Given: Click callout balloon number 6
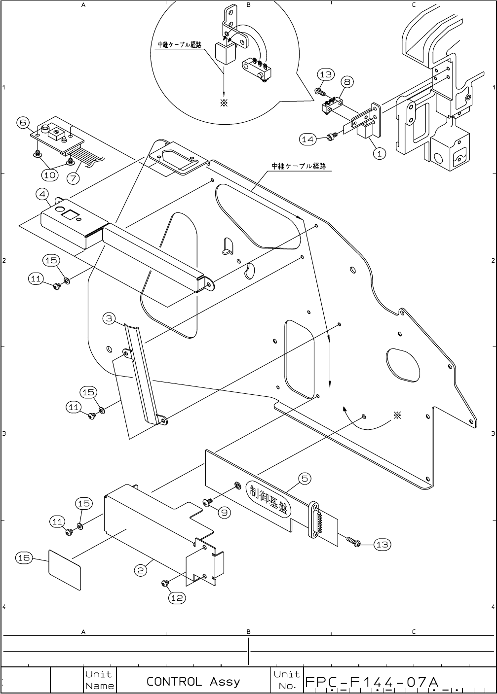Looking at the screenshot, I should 23,122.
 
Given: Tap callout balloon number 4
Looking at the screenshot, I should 42,194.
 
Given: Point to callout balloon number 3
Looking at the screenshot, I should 110,318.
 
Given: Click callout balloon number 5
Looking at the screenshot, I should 305,478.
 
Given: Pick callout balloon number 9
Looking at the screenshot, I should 224,513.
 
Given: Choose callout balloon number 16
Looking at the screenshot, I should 24,557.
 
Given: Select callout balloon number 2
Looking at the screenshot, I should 141,570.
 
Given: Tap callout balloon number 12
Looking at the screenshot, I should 177,597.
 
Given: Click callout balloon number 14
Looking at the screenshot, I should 307,139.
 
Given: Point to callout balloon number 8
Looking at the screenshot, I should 347,82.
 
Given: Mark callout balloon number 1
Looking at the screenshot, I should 379,153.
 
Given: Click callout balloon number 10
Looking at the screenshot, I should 50,174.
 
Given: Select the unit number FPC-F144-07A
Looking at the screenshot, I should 372,682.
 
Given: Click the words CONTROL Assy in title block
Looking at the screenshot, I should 193,682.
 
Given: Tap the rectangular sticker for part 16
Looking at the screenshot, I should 65,569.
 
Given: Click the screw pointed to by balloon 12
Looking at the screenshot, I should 165,584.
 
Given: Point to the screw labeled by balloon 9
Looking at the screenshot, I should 207,502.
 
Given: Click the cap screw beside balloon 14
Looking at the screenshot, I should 331,137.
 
